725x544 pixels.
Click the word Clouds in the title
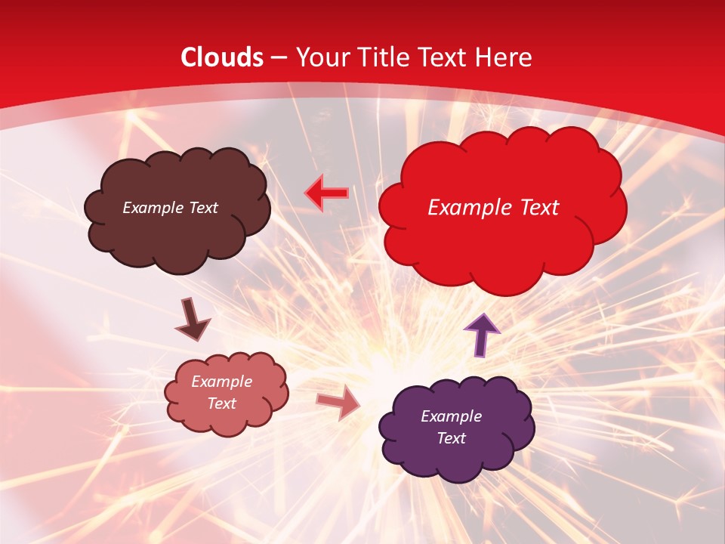(x=222, y=57)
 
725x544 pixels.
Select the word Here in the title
(x=504, y=57)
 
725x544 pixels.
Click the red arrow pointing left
(x=327, y=192)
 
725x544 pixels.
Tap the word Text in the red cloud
(x=535, y=208)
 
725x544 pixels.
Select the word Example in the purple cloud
(x=451, y=416)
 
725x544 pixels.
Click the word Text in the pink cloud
(x=222, y=403)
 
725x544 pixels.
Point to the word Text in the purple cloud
(x=451, y=438)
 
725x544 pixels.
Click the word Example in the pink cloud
(x=222, y=382)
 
